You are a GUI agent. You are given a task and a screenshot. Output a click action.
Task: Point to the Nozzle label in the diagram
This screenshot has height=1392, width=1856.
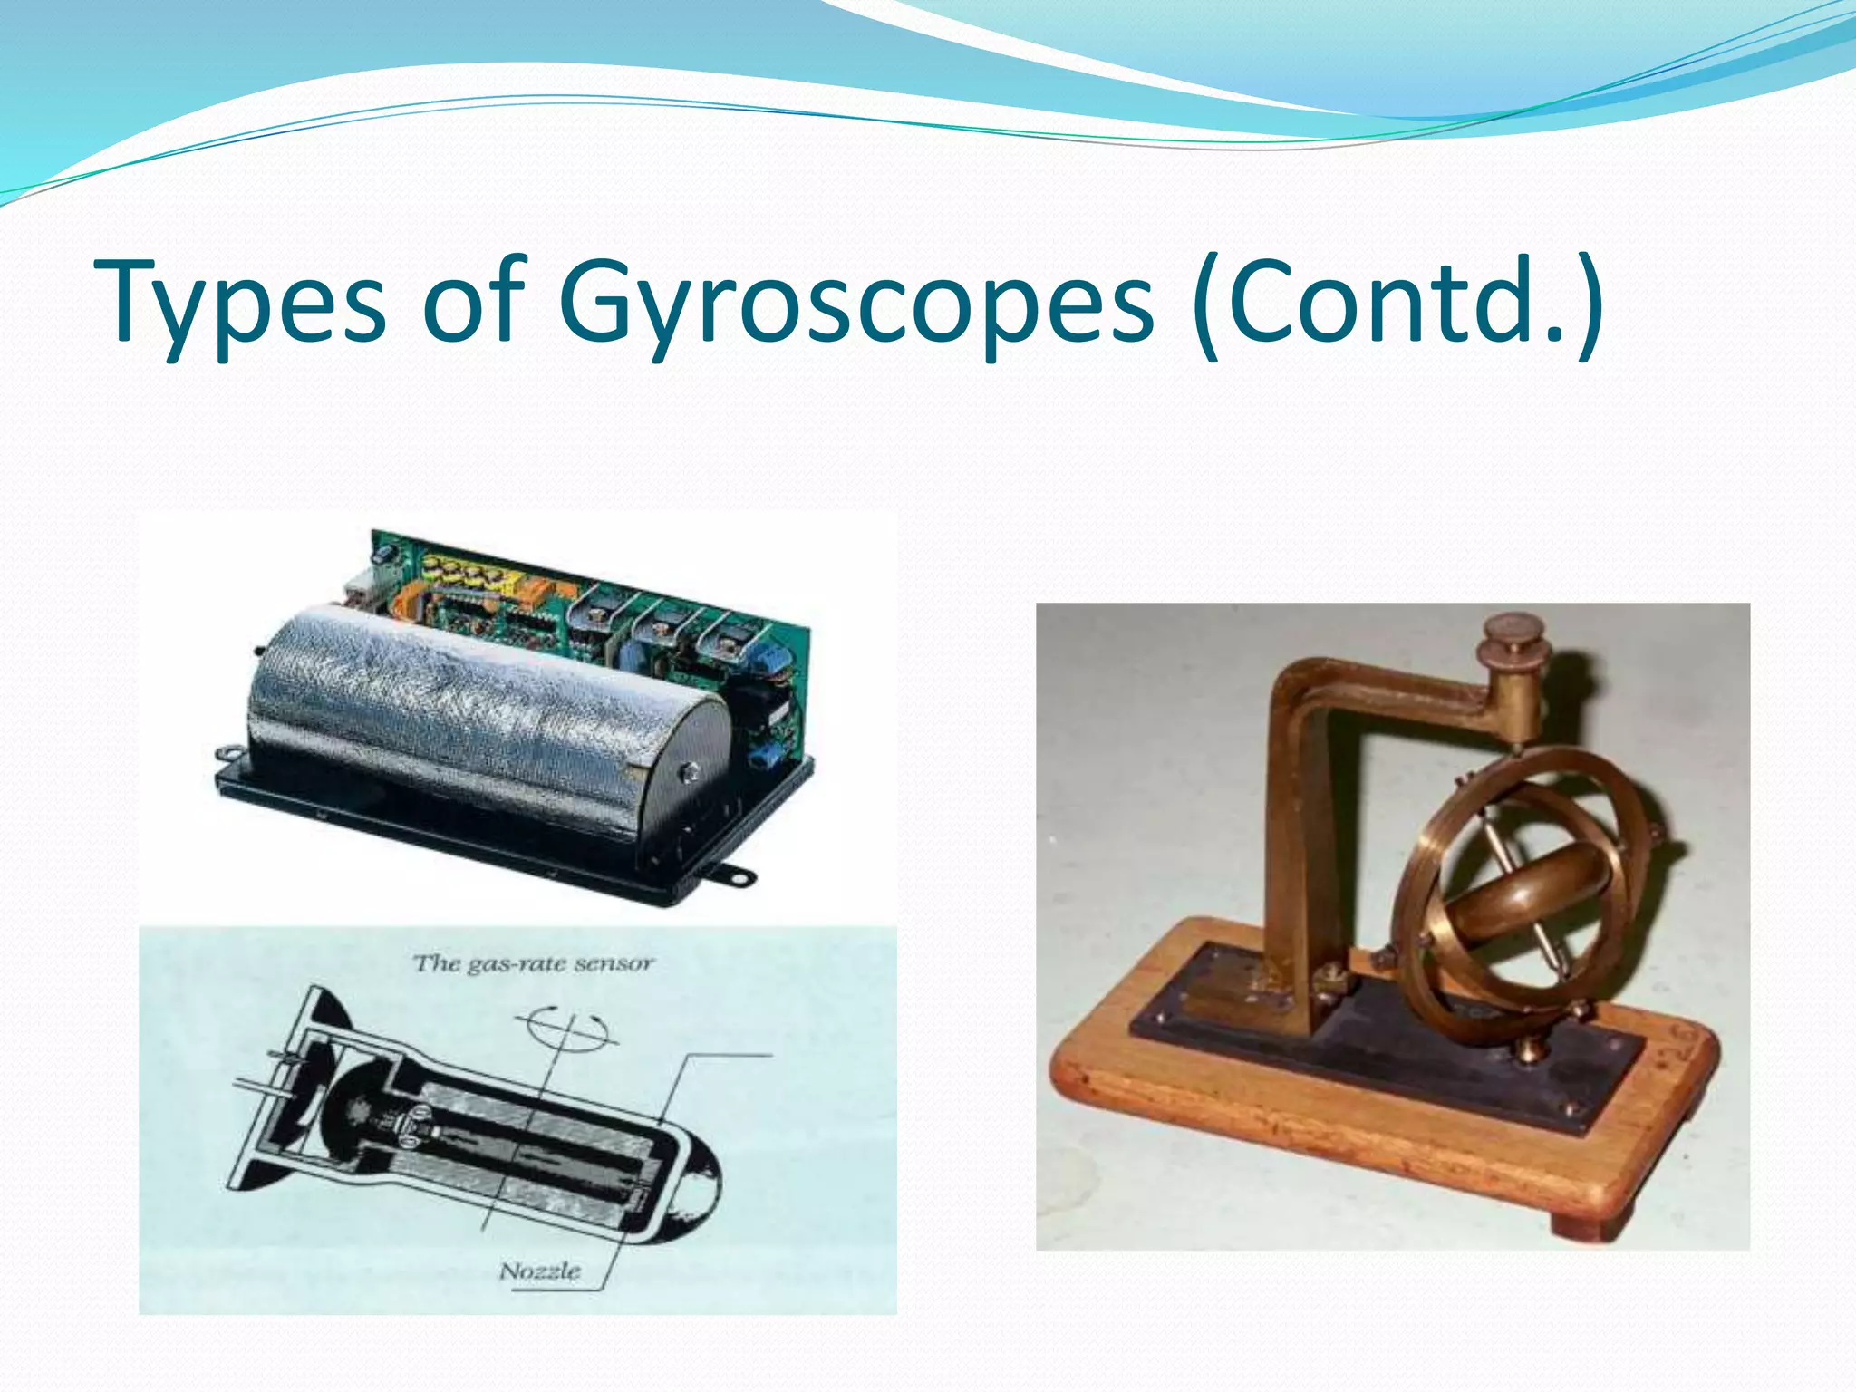tap(540, 1271)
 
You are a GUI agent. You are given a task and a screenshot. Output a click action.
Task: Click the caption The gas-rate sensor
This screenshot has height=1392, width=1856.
tap(533, 963)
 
